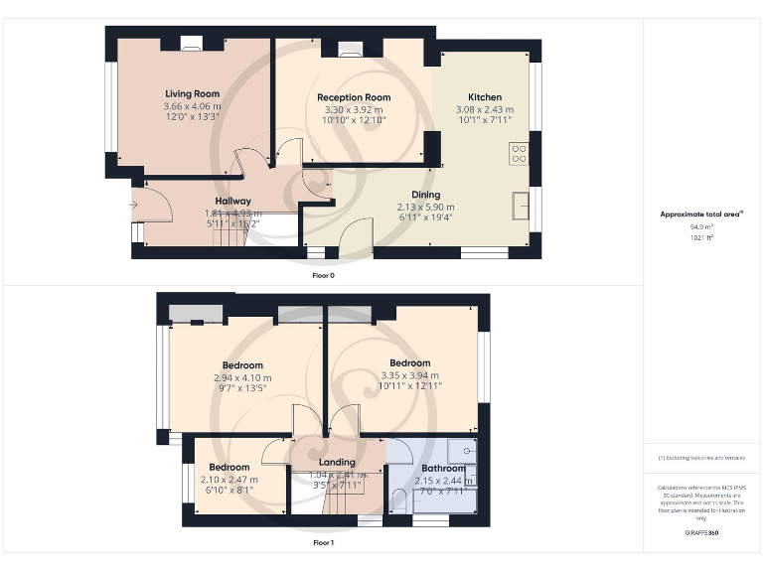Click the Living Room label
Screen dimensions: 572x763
tap(192, 94)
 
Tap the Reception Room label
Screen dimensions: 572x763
tap(354, 97)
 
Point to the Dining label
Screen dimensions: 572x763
tap(425, 195)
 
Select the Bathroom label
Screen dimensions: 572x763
tap(443, 468)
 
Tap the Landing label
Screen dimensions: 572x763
tap(337, 463)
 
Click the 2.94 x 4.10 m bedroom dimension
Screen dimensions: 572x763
tap(242, 377)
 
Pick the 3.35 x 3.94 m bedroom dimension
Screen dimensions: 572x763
tap(410, 375)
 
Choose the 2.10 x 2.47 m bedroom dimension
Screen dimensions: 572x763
tap(229, 479)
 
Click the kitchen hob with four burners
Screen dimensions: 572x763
tap(519, 153)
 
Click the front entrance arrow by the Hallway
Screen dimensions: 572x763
tap(133, 205)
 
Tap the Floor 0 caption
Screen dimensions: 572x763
tap(323, 275)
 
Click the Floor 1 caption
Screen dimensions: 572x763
tap(323, 543)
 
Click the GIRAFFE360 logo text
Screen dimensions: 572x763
tap(701, 534)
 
